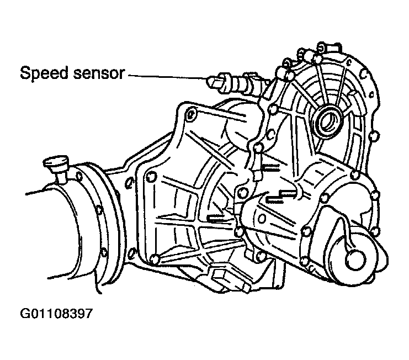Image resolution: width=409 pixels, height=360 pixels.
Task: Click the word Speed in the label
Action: (44, 73)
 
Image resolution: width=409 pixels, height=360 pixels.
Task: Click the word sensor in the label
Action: (98, 73)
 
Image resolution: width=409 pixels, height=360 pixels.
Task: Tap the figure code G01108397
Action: (56, 313)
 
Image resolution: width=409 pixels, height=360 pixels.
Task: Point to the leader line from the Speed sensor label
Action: (167, 77)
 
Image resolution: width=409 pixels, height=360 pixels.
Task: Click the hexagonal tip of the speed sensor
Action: (213, 82)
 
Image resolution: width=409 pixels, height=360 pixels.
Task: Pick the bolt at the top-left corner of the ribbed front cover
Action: (190, 114)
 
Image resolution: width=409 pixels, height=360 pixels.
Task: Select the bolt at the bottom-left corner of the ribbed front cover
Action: (155, 259)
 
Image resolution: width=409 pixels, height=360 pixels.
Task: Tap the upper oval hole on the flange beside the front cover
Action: (129, 183)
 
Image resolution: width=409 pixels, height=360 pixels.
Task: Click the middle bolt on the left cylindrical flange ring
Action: (99, 209)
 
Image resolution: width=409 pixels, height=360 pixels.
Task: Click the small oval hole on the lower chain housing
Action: (261, 218)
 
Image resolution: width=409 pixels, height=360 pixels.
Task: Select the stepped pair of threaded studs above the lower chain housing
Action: (280, 195)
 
